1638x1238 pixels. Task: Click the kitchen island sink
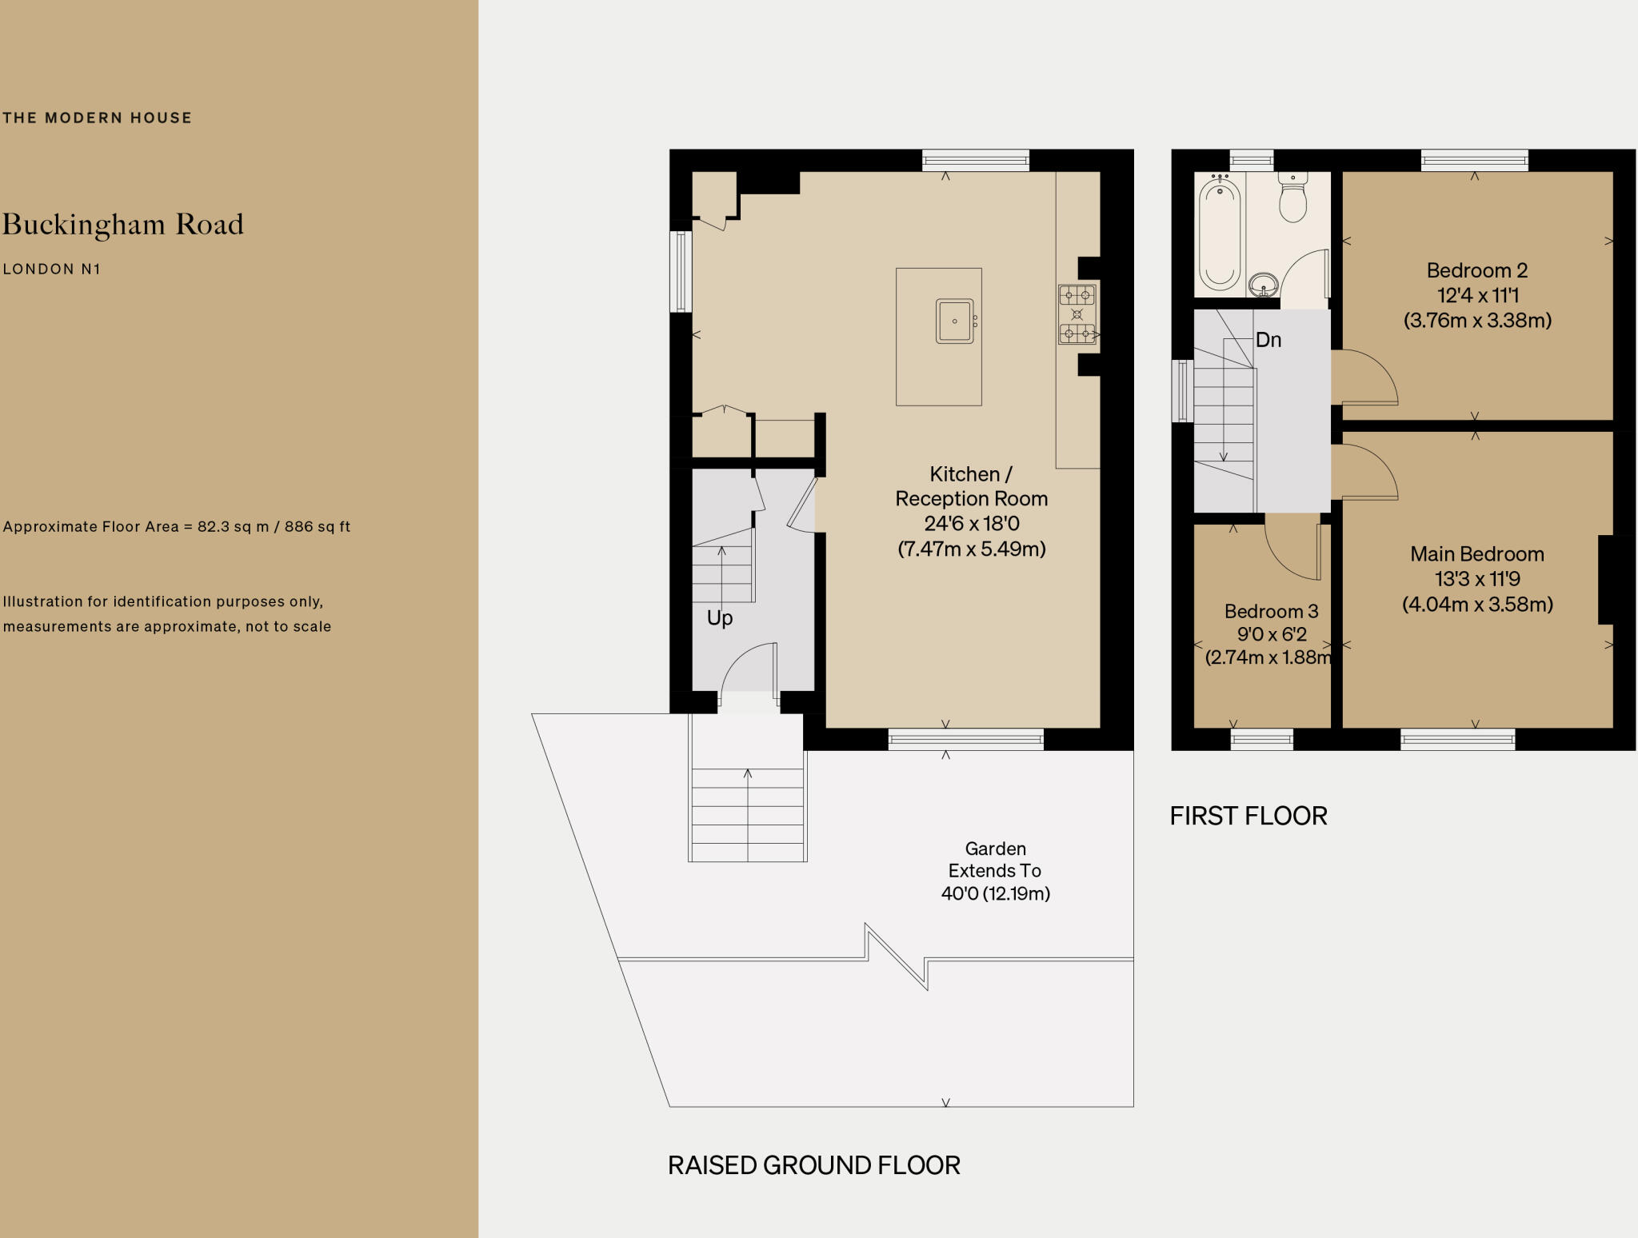955,321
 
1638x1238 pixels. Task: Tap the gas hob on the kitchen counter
1077,315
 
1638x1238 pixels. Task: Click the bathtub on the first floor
1220,234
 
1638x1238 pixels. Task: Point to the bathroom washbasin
1264,283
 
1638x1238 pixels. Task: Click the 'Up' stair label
720,618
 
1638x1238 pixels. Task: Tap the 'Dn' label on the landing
1268,340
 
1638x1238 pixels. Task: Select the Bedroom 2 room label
1476,270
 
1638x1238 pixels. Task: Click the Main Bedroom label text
1476,554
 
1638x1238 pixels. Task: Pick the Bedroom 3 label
1271,612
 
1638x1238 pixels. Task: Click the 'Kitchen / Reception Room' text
971,486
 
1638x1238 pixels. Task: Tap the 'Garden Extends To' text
995,860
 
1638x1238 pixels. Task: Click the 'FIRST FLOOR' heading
1248,816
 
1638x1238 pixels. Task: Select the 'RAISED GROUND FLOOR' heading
813,1165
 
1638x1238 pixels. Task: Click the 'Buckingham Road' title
123,225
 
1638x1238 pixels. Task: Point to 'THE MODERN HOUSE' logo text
97,118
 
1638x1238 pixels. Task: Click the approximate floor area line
177,527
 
